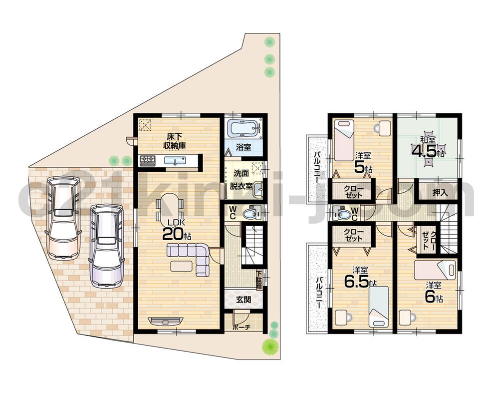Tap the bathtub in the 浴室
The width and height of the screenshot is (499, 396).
244,128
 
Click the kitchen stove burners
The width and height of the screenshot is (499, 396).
148,160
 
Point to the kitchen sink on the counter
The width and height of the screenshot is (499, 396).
177,160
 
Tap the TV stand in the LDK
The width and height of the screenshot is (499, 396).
166,321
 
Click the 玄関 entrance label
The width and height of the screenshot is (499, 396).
243,300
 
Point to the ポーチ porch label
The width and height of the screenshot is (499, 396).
241,328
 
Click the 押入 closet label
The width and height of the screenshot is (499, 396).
439,192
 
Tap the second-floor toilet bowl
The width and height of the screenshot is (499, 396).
343,214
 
